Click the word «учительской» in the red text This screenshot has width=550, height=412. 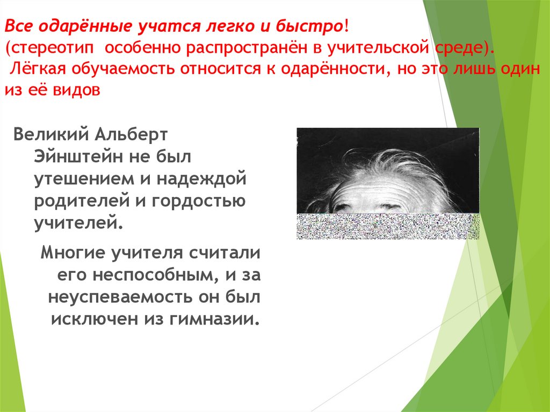381,49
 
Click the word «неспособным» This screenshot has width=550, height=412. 150,274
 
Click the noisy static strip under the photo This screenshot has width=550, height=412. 387,226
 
